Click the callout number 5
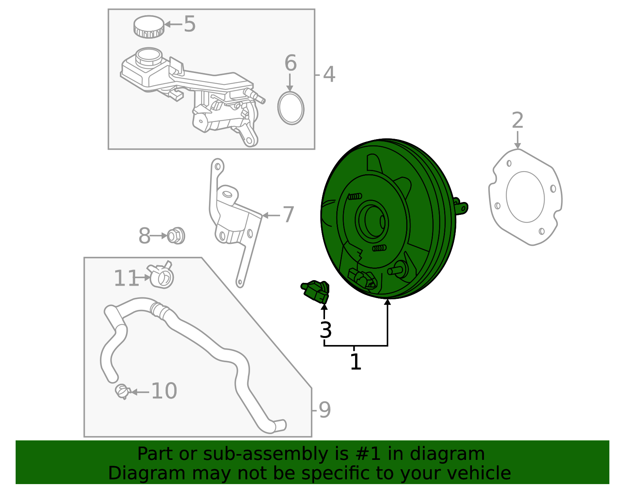(189, 24)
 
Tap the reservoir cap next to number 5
(148, 27)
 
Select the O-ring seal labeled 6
(291, 108)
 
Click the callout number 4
(329, 74)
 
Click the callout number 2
(517, 120)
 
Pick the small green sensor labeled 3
(316, 291)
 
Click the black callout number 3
(325, 331)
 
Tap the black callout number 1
(355, 362)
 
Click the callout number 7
(288, 215)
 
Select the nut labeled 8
(176, 236)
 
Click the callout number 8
(145, 236)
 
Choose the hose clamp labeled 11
(161, 275)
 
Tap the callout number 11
(126, 279)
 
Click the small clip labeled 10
(122, 391)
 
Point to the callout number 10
(164, 391)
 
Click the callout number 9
(325, 410)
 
